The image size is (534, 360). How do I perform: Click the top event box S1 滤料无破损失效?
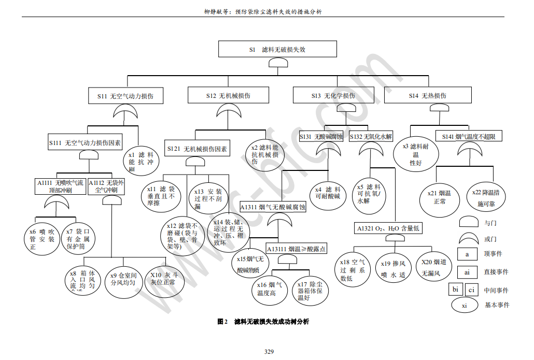pyautogui.click(x=277, y=49)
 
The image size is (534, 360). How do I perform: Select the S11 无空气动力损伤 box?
pyautogui.click(x=126, y=96)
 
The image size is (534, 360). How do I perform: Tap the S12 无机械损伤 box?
pyautogui.click(x=228, y=96)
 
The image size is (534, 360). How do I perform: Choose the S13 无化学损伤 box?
pyautogui.click(x=333, y=96)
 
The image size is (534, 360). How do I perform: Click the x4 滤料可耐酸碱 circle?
pyautogui.click(x=328, y=193)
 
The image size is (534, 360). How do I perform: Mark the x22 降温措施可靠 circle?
pyautogui.click(x=486, y=197)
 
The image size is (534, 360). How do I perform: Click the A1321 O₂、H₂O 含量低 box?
pyautogui.click(x=387, y=228)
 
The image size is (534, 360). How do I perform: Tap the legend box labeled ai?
pyautogui.click(x=467, y=272)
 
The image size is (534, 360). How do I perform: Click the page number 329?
pyautogui.click(x=269, y=352)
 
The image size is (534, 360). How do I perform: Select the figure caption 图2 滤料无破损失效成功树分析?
pyautogui.click(x=262, y=322)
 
